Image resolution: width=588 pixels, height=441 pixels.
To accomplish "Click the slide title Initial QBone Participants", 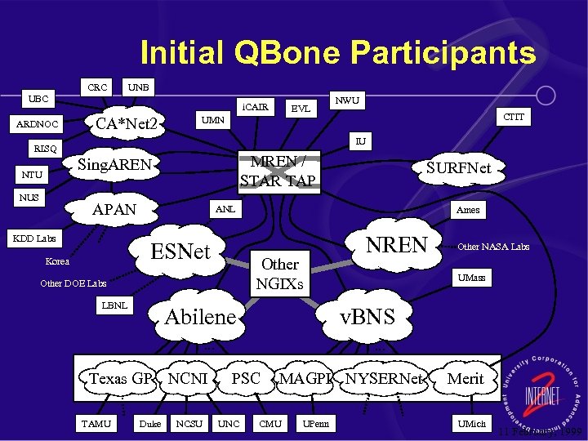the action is tap(338, 53).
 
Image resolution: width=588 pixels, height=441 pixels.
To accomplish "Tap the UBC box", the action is tap(38, 99).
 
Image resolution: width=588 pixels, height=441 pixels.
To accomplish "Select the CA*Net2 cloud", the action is tap(127, 124).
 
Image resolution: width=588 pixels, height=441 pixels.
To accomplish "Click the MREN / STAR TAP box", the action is tap(277, 170).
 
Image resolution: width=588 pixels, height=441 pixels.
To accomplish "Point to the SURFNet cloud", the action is tap(459, 168).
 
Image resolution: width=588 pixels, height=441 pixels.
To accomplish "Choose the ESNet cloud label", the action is tap(181, 250).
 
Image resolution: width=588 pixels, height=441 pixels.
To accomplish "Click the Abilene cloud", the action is tap(199, 317).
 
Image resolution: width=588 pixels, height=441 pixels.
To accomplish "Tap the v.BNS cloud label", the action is tap(367, 315).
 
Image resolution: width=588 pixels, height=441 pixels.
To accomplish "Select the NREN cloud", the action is tap(397, 244).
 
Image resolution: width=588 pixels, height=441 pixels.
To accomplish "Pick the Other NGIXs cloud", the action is tap(280, 274).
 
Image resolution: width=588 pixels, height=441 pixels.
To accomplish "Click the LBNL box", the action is tap(114, 305).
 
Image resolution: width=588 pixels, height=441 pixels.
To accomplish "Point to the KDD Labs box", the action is tap(33, 238).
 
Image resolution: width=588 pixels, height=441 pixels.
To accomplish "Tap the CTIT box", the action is tap(514, 118).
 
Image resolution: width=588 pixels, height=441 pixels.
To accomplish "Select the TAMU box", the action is tap(97, 423).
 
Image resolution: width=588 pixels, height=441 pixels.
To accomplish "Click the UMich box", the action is tap(471, 423).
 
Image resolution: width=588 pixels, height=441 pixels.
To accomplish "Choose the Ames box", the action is tap(468, 210).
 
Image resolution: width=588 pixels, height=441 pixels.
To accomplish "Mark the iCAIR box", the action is tap(256, 106).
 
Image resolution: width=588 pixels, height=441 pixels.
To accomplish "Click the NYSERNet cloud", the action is tap(384, 379).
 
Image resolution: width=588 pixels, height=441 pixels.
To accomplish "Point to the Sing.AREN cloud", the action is tap(114, 165).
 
